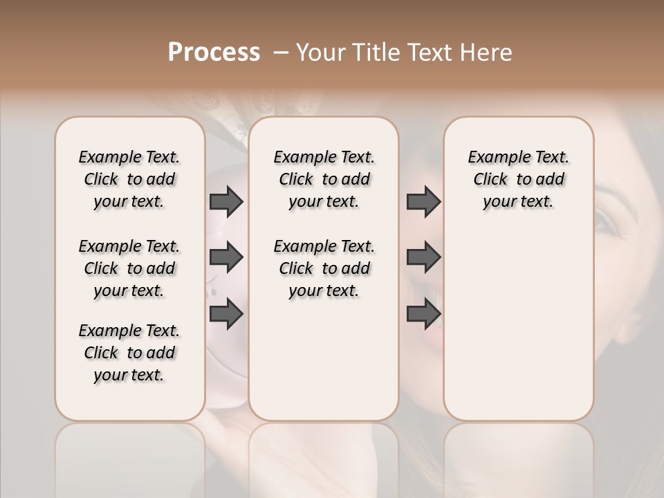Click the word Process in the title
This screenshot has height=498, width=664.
click(x=214, y=53)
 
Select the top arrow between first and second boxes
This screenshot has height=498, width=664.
click(x=226, y=201)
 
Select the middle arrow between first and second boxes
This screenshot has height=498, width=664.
click(x=226, y=258)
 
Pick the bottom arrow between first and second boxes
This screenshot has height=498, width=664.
click(x=226, y=315)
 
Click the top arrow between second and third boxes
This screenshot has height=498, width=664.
click(x=423, y=201)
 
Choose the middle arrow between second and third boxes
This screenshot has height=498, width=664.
click(x=423, y=258)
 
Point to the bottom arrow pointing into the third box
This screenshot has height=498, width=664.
click(x=423, y=315)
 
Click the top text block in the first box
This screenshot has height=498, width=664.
click(x=129, y=179)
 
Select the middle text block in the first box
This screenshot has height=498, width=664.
click(x=129, y=268)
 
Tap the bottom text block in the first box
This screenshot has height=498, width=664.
click(x=129, y=353)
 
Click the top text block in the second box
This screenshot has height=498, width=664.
click(x=324, y=179)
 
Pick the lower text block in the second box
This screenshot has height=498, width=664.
click(x=324, y=268)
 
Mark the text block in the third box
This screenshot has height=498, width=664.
click(x=519, y=179)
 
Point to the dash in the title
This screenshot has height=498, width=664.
click(x=282, y=53)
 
